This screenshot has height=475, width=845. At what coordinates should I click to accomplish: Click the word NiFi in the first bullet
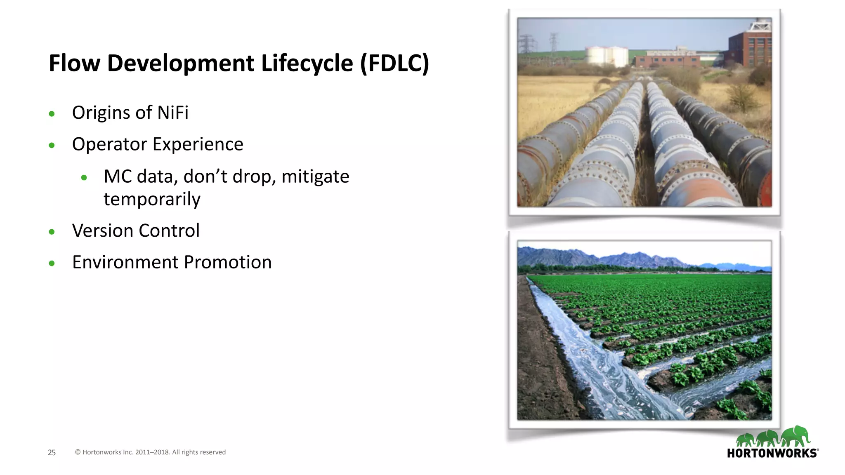[x=173, y=113]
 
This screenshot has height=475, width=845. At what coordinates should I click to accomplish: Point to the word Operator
[x=109, y=144]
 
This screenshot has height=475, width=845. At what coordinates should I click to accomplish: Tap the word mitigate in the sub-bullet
[x=315, y=176]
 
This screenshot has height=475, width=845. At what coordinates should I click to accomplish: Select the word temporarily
[x=152, y=199]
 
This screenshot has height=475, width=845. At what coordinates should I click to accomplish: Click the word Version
[x=105, y=230]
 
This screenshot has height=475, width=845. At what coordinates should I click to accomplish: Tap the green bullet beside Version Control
[x=52, y=232]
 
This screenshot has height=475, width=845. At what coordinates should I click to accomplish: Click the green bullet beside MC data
[x=84, y=178]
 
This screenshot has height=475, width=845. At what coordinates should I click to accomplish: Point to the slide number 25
[x=52, y=453]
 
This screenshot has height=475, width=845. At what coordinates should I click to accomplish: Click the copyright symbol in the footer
[x=78, y=452]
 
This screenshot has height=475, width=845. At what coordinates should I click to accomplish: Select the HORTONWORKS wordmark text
[x=772, y=454]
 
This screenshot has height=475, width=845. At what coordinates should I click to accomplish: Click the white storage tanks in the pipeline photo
[x=607, y=56]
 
